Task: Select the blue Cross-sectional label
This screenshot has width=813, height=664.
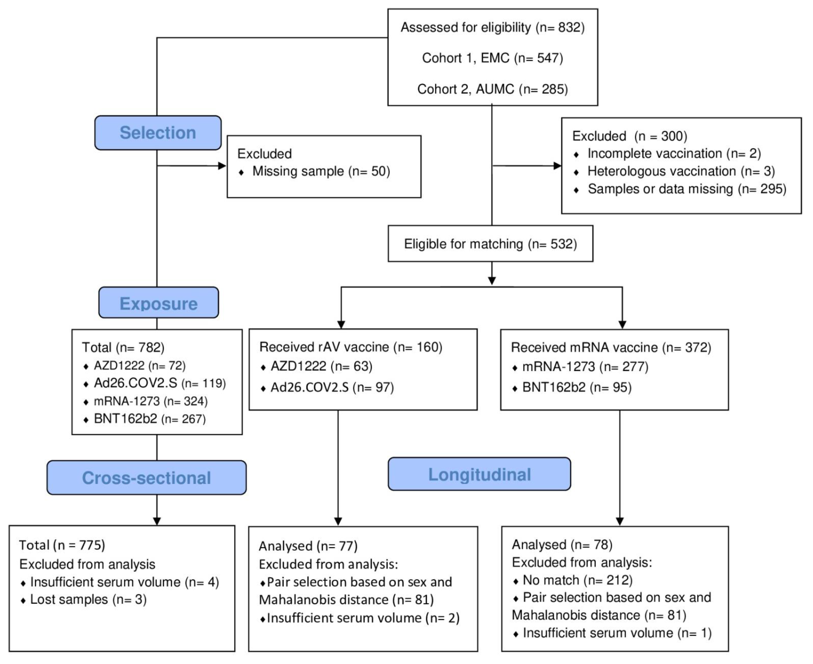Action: pos(146,478)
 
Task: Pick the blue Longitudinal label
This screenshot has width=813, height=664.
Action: pos(479,474)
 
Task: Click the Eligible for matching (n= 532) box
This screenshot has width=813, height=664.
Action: pos(490,244)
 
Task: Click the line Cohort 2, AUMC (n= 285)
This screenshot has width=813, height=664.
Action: pos(492,89)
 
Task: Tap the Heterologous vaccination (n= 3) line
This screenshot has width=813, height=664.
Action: pos(681,171)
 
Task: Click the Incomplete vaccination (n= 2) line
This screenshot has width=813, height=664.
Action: pos(674,153)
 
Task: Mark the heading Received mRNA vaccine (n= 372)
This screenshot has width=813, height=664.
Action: pos(611,347)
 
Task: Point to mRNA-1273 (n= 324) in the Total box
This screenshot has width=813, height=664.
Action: pos(150,401)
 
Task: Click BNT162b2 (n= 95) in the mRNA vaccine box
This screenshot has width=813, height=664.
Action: pos(577,388)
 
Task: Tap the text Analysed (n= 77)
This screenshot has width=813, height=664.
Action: pos(308,546)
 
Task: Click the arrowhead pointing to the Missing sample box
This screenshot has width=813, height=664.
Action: pos(222,166)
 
